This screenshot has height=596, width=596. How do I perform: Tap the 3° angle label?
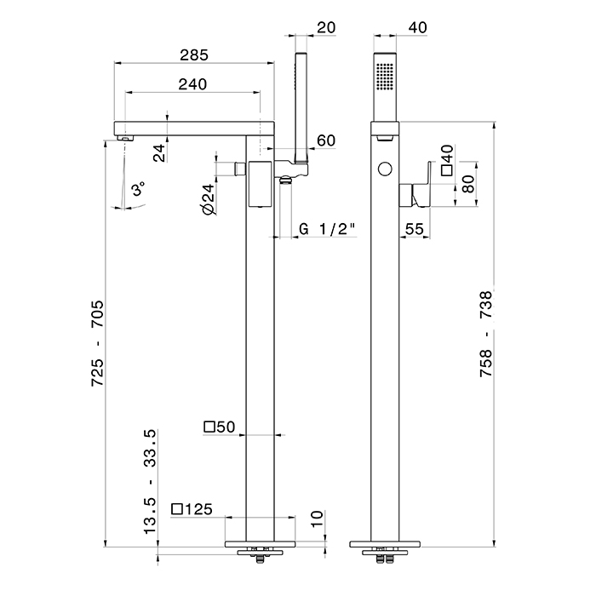139,187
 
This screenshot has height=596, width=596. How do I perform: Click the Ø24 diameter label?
208,198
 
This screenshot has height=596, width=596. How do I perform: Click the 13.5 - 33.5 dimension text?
151,481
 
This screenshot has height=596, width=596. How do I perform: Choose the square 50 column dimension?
219,427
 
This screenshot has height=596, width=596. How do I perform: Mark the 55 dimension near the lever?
415,229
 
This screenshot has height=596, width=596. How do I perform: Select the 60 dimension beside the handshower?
324,140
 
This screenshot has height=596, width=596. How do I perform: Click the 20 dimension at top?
324,27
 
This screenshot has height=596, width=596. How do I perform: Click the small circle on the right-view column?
385,168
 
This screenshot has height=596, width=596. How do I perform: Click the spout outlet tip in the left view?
123,136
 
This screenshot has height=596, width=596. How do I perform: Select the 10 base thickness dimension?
317,519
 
